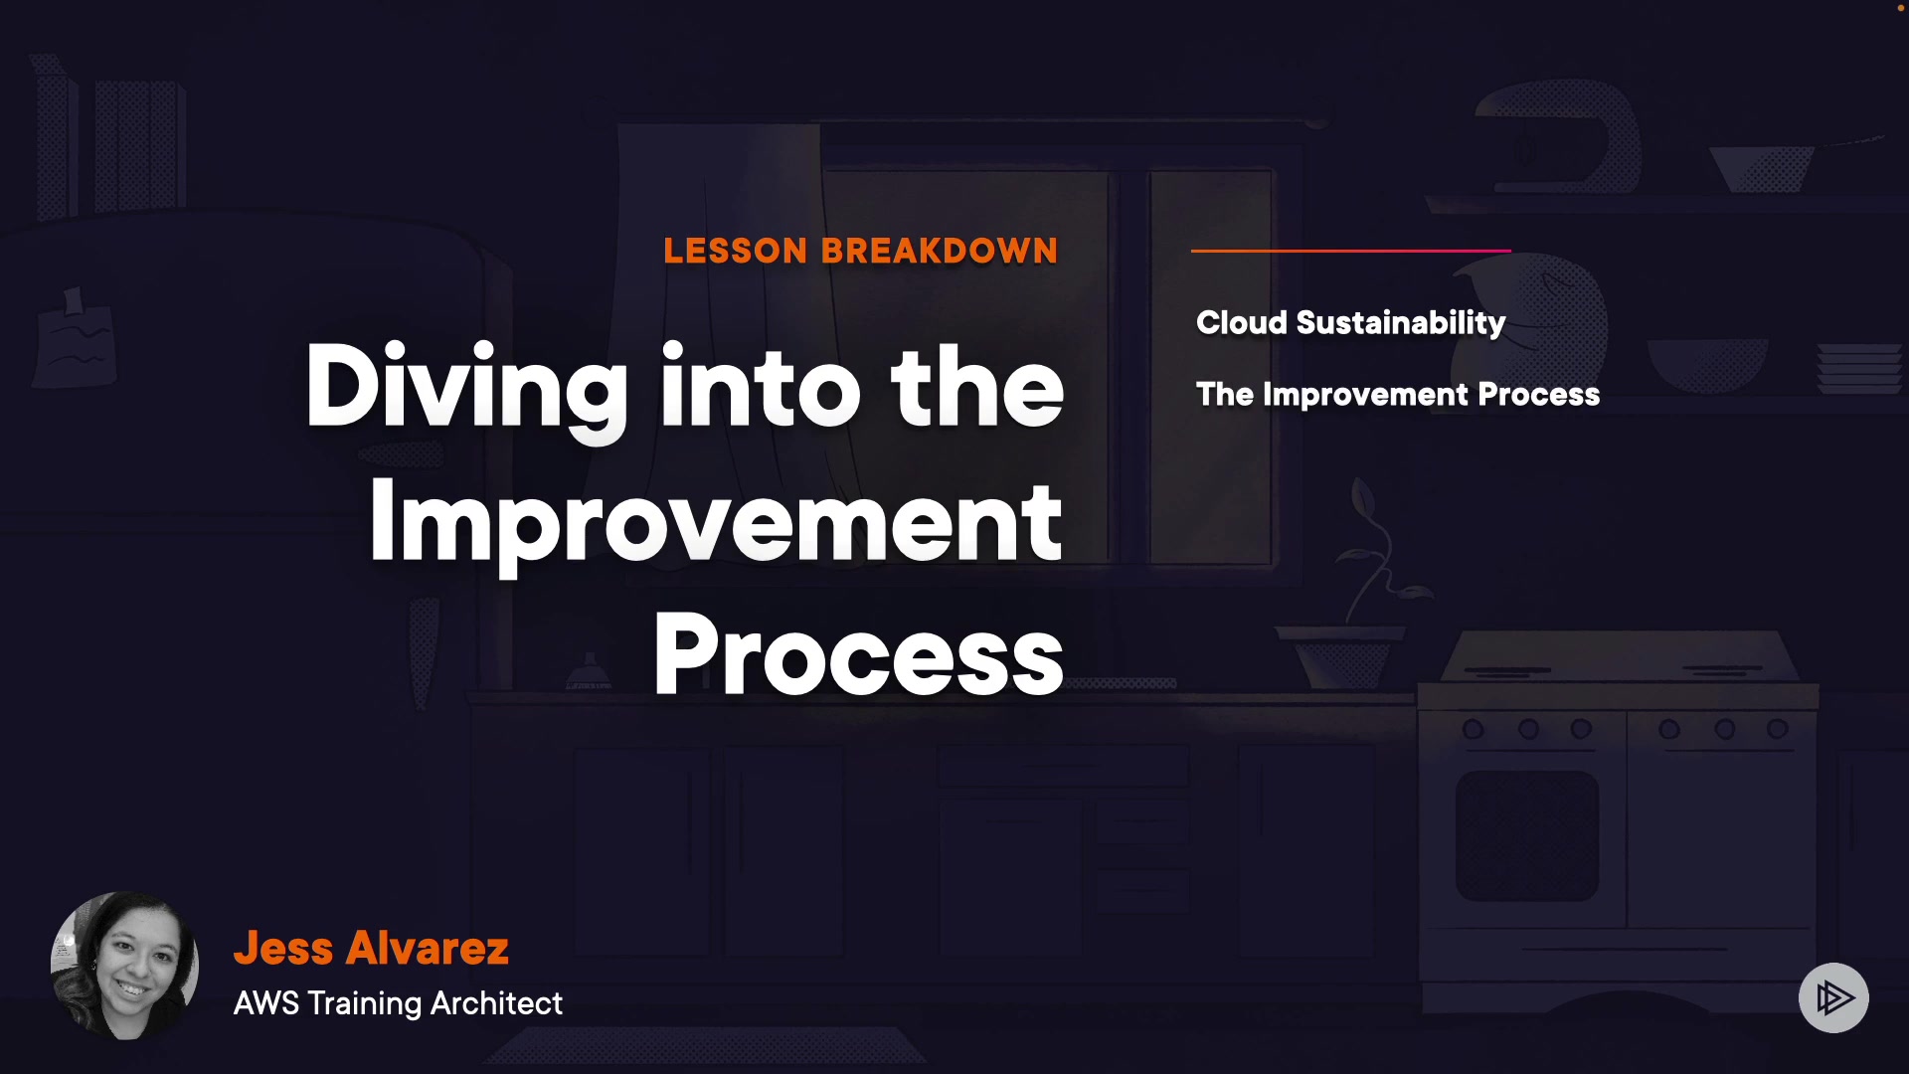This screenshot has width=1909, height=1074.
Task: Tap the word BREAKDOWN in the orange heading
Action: click(940, 251)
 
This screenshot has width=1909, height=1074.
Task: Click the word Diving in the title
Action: click(466, 388)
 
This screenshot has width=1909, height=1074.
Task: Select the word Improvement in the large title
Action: click(716, 522)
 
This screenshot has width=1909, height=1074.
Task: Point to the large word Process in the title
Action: click(859, 654)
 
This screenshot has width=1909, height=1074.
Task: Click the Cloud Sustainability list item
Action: click(1350, 323)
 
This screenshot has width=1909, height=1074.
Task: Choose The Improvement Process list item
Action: click(1398, 395)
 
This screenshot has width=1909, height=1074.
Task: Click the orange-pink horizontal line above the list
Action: click(1351, 251)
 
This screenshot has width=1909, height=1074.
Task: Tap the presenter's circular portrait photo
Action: click(124, 966)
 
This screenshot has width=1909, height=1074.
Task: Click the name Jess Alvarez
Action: click(371, 948)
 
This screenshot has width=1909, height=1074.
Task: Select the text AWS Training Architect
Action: click(398, 1003)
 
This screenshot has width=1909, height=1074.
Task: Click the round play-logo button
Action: click(1833, 997)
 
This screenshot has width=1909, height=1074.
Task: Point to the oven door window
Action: click(1527, 835)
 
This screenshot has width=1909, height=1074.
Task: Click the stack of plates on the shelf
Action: click(1858, 368)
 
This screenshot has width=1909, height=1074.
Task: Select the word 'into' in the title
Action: click(761, 388)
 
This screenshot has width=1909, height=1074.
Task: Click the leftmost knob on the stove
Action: click(1473, 730)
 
